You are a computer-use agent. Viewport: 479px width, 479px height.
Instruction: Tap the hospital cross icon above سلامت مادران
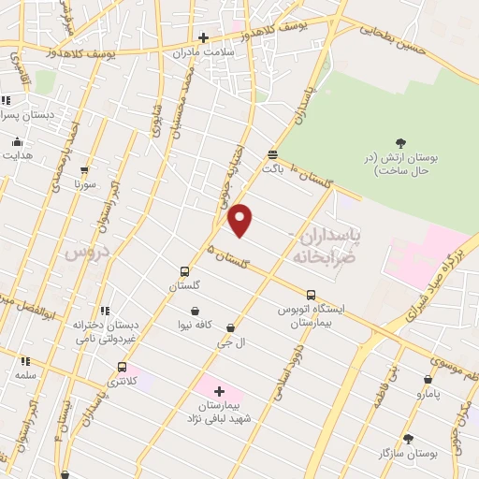pyautogui.click(x=203, y=37)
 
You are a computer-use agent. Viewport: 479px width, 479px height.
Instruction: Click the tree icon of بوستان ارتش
pyautogui.click(x=401, y=143)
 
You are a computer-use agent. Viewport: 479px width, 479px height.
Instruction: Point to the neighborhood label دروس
pyautogui.click(x=86, y=251)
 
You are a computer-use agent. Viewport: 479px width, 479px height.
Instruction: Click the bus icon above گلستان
pyautogui.click(x=184, y=272)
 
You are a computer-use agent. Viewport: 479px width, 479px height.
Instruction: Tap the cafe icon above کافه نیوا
pyautogui.click(x=195, y=311)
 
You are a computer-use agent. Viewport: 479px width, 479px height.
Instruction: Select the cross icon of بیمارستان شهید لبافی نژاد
pyautogui.click(x=220, y=391)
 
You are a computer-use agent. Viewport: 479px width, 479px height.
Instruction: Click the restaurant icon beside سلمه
pyautogui.click(x=25, y=360)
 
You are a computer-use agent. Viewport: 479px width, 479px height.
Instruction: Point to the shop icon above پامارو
pyautogui.click(x=428, y=380)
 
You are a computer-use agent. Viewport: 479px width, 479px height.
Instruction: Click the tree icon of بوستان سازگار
pyautogui.click(x=408, y=438)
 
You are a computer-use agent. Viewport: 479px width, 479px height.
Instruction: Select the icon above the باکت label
pyautogui.click(x=272, y=155)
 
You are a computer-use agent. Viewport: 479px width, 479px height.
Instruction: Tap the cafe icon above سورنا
pyautogui.click(x=85, y=170)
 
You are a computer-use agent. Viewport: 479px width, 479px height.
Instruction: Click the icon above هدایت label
pyautogui.click(x=17, y=141)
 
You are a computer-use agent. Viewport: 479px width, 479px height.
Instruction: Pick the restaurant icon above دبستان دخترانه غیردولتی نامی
pyautogui.click(x=106, y=310)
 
